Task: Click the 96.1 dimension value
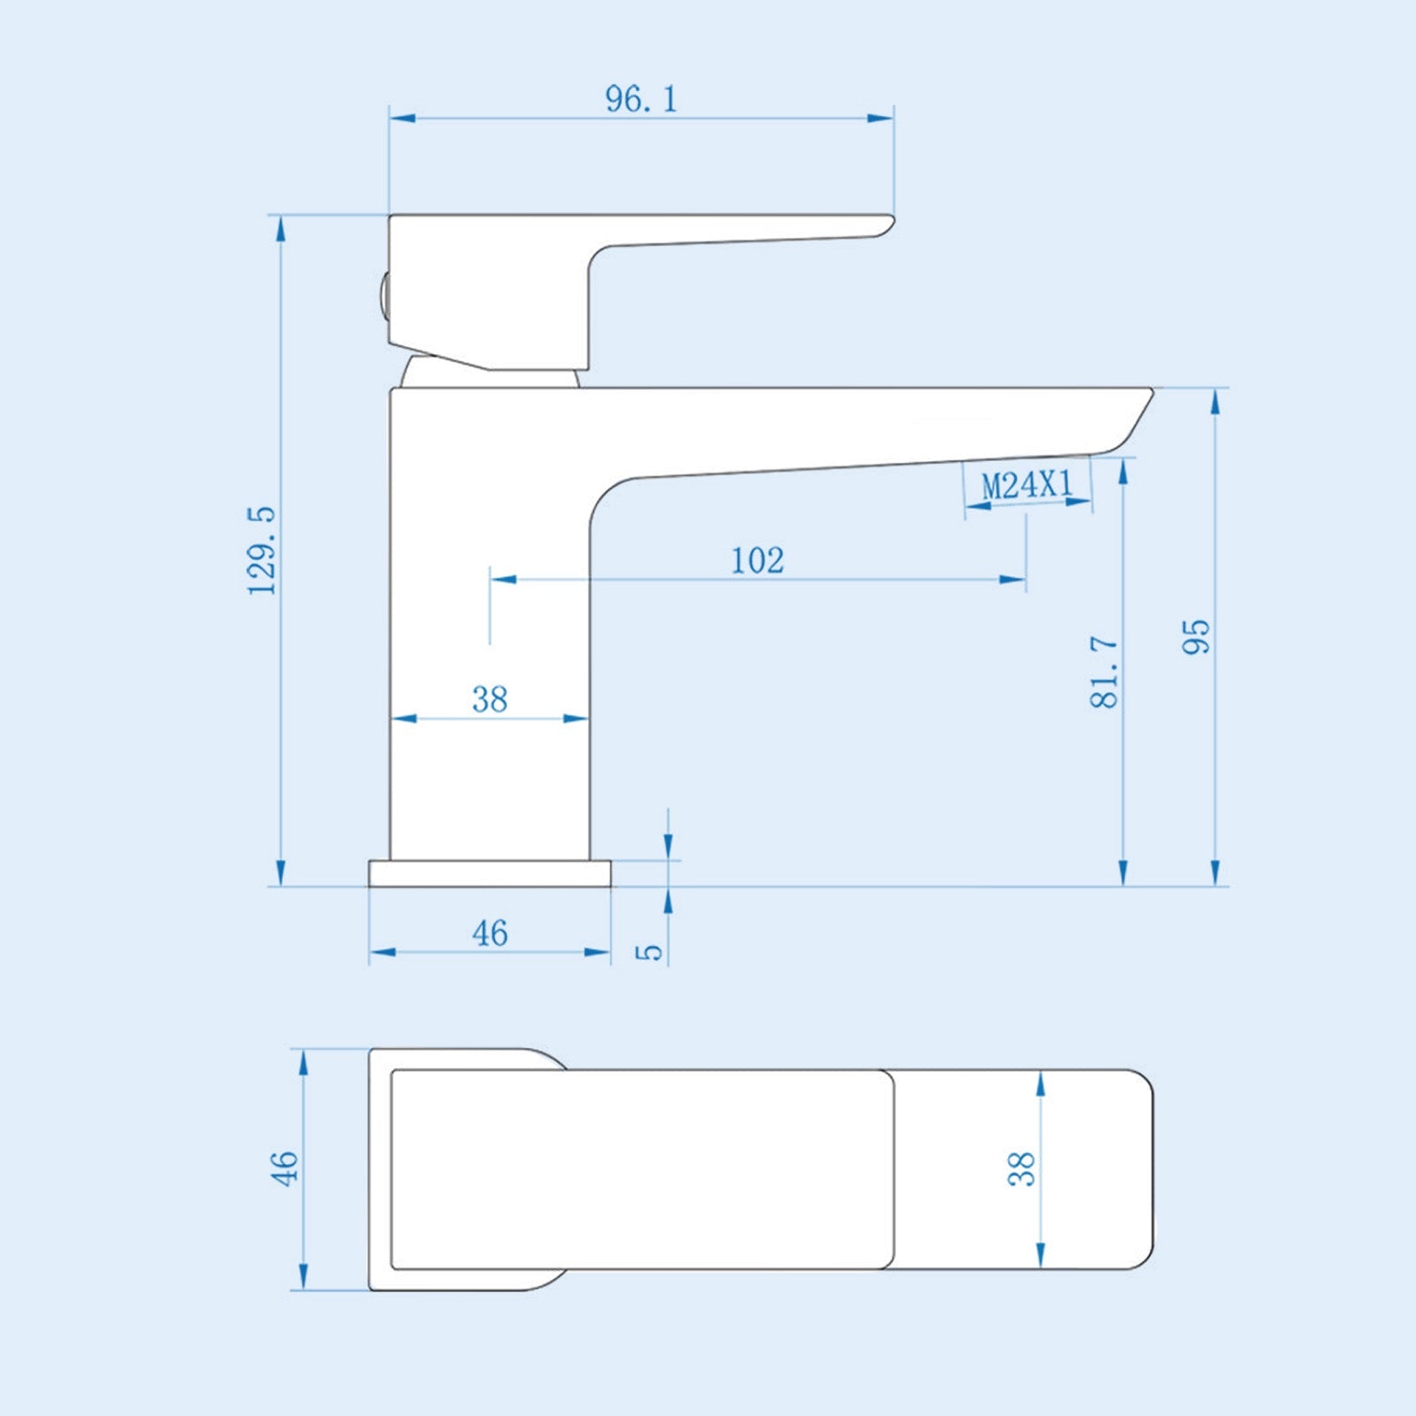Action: [x=642, y=98]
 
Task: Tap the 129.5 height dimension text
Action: [x=263, y=550]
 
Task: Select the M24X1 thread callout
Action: [x=1027, y=484]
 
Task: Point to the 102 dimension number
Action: [x=758, y=560]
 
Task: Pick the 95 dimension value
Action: [x=1196, y=636]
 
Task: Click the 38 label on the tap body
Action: [x=489, y=699]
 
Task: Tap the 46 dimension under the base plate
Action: [x=489, y=933]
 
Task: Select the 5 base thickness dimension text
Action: [x=650, y=951]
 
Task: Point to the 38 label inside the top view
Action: [x=1021, y=1168]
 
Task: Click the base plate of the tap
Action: [x=489, y=873]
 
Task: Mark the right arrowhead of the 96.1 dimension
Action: [x=881, y=118]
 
